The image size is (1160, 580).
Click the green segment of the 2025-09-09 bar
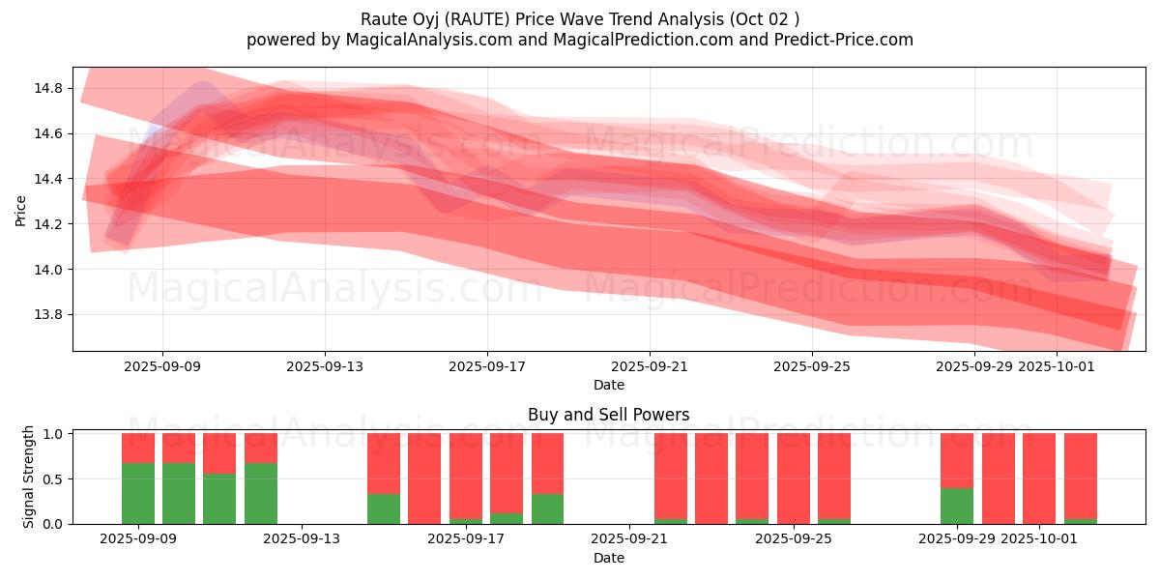click(x=138, y=493)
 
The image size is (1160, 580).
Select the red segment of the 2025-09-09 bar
click(x=138, y=448)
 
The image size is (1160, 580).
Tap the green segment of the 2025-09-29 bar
click(x=957, y=506)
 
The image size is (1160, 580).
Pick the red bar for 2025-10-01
click(x=1039, y=478)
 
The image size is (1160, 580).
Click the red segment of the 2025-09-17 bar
click(x=466, y=477)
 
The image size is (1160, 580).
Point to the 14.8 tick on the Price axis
click(x=49, y=88)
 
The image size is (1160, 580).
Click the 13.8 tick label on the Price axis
click(x=49, y=315)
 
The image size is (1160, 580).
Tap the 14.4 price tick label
click(x=49, y=179)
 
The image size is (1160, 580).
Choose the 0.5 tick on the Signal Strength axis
click(x=54, y=478)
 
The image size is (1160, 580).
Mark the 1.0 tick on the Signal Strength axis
click(x=54, y=434)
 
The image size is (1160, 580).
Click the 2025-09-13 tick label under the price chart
click(x=325, y=366)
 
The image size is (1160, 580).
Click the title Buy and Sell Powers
click(x=609, y=415)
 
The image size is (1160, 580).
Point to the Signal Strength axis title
click(x=29, y=477)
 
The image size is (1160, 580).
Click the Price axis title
click(x=21, y=209)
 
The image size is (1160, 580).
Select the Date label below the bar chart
click(x=609, y=558)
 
